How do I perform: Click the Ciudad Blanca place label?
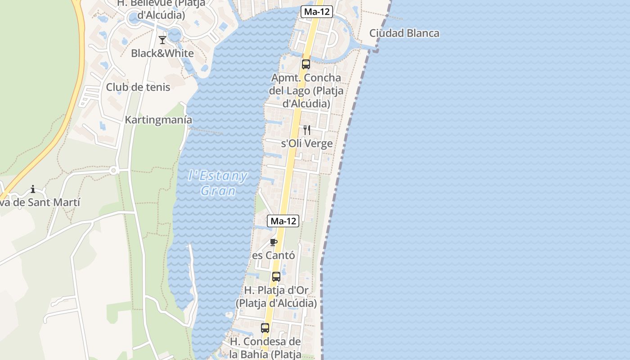coord(404,33)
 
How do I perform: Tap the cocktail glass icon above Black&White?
coord(162,40)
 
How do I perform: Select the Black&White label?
coord(162,54)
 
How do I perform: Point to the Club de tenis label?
coord(138,87)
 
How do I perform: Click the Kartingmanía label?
coord(158,120)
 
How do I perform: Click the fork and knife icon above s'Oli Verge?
coord(307,130)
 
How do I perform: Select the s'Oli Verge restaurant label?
coord(307,144)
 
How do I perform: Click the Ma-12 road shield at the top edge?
coord(316,12)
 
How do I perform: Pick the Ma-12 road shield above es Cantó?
coord(283,221)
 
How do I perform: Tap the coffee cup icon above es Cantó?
coord(273,243)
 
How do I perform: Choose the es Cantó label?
coord(274,256)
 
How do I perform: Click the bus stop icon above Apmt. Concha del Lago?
coord(306,64)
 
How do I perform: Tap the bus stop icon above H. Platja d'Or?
coord(276,277)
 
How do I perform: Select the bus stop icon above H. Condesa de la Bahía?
coord(265,328)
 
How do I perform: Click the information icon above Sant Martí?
coord(32,189)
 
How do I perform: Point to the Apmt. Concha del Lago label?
coord(306,91)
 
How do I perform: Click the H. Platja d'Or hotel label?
coord(276,297)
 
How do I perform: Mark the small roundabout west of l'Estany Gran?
coord(113,171)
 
